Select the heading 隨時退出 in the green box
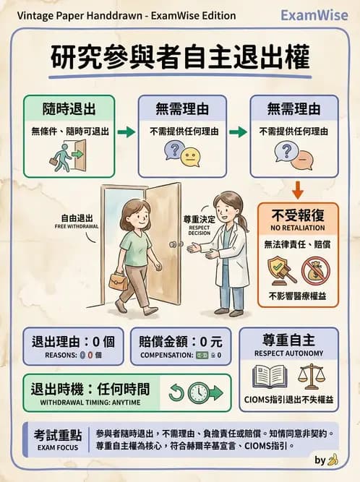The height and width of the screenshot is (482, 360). [69, 110]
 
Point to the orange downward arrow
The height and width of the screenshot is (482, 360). [296, 190]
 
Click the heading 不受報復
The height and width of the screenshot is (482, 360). [298, 215]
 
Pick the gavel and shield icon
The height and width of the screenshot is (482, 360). [279, 271]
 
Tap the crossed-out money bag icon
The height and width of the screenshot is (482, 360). [316, 271]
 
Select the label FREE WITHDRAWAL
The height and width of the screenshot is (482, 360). [76, 226]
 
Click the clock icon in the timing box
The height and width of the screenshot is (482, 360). [197, 393]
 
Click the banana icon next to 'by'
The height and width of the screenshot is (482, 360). [333, 459]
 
